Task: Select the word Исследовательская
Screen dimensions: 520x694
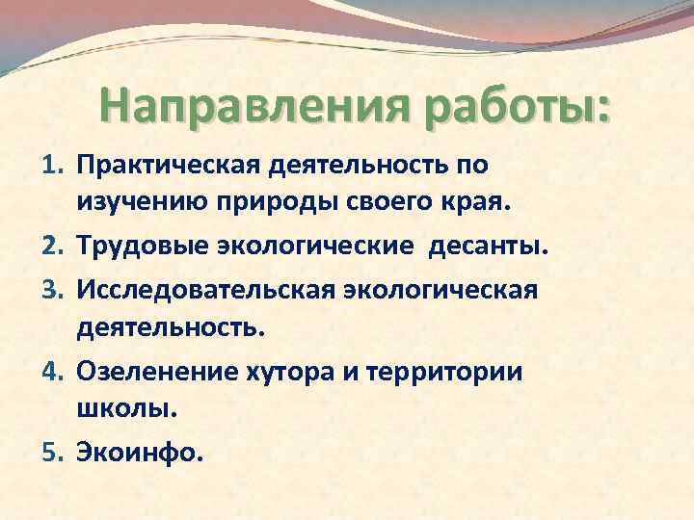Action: click(204, 289)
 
